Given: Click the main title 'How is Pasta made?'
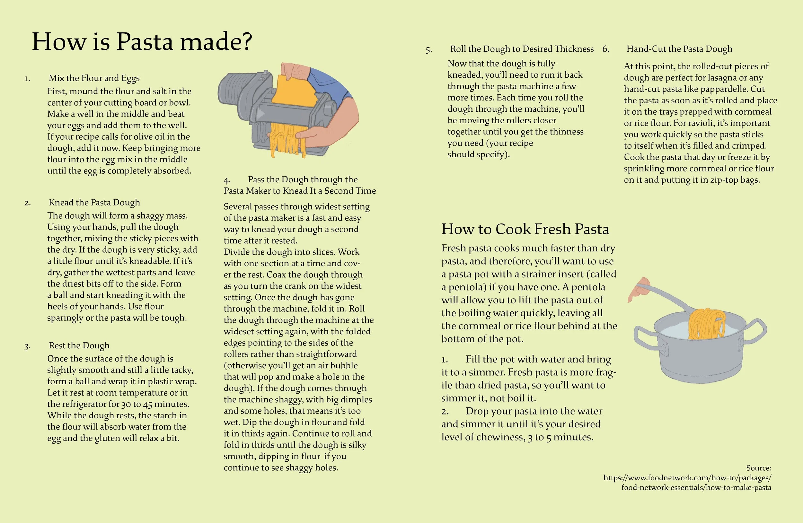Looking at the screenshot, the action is click(142, 41).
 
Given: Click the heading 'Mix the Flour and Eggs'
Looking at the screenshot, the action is click(94, 78).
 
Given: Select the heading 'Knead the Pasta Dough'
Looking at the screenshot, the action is click(94, 202).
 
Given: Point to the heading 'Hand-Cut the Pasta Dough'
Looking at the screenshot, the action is click(679, 49).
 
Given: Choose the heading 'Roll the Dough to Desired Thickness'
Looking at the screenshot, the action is click(522, 49).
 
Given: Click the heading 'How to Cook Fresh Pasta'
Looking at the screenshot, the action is click(525, 229).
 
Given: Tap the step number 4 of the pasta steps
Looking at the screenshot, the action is click(227, 180).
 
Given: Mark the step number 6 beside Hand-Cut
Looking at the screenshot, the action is click(606, 49).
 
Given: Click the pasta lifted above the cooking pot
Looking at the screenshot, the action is click(707, 324).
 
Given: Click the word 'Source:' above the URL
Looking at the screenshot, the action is click(759, 468).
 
